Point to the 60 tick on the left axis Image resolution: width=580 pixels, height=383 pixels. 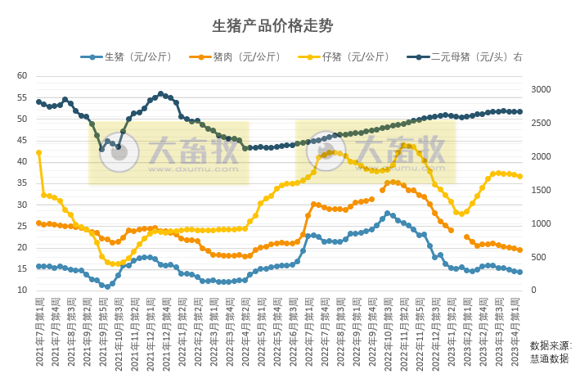22,76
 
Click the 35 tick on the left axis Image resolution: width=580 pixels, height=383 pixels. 22,183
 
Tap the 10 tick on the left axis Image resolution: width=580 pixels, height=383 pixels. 22,291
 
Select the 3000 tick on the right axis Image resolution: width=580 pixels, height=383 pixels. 542,89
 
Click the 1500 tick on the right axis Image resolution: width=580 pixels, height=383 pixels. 542,190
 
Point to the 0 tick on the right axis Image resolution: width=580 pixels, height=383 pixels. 533,291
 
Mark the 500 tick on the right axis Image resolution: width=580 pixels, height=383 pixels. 539,257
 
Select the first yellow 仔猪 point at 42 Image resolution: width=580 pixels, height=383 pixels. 38,152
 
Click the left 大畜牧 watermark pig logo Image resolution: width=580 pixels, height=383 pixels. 119,155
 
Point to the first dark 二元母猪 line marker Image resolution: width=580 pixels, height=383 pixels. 38,101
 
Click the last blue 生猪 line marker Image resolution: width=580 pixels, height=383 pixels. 519,273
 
